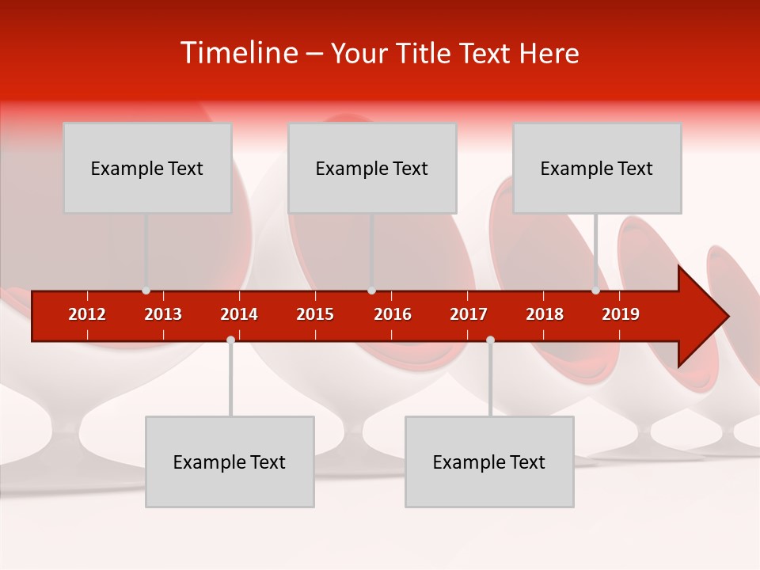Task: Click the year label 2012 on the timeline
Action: point(87,314)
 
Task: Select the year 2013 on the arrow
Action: point(163,314)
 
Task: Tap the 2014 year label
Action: point(239,314)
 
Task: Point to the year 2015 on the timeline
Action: point(315,314)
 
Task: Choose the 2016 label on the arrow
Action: point(393,314)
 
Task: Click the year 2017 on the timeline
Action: point(469,314)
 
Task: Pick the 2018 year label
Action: point(545,314)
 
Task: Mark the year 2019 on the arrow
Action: point(621,314)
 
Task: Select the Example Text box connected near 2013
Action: point(147,168)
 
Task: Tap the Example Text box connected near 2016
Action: point(372,168)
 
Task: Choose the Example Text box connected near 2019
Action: point(597,168)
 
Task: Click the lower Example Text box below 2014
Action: point(230,462)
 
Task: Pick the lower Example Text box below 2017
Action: point(489,462)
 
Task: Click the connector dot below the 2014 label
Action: point(230,340)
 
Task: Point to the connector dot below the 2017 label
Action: point(490,340)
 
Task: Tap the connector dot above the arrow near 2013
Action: point(146,291)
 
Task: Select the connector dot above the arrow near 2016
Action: point(371,291)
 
